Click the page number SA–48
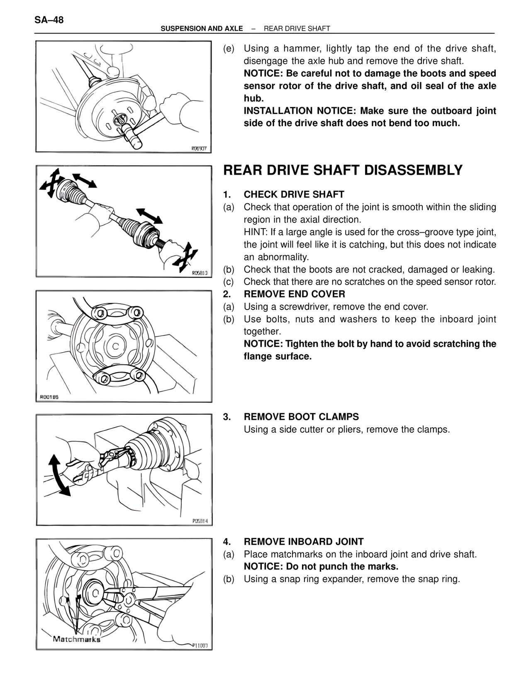(49, 20)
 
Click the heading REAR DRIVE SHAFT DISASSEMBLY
(343, 170)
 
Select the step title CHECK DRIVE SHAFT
(294, 194)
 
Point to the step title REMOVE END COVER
(294, 294)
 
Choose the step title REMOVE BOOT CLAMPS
(301, 417)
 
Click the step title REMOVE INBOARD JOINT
(303, 541)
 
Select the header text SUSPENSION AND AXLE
(202, 29)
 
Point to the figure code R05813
(200, 273)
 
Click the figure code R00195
(49, 397)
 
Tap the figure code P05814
(200, 521)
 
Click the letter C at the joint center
(116, 346)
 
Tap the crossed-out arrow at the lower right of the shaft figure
(185, 257)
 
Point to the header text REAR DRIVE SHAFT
(297, 29)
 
